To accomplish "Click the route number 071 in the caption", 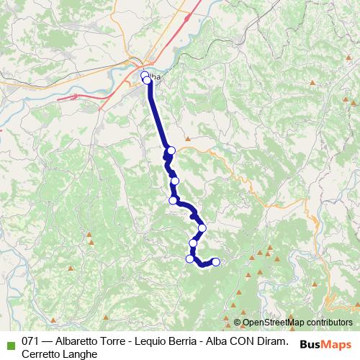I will click(x=31, y=340).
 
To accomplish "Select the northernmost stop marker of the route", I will click(x=145, y=75).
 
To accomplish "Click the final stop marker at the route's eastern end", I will click(x=215, y=261).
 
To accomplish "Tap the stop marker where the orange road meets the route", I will click(x=171, y=150).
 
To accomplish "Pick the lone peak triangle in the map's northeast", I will click(x=312, y=84).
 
